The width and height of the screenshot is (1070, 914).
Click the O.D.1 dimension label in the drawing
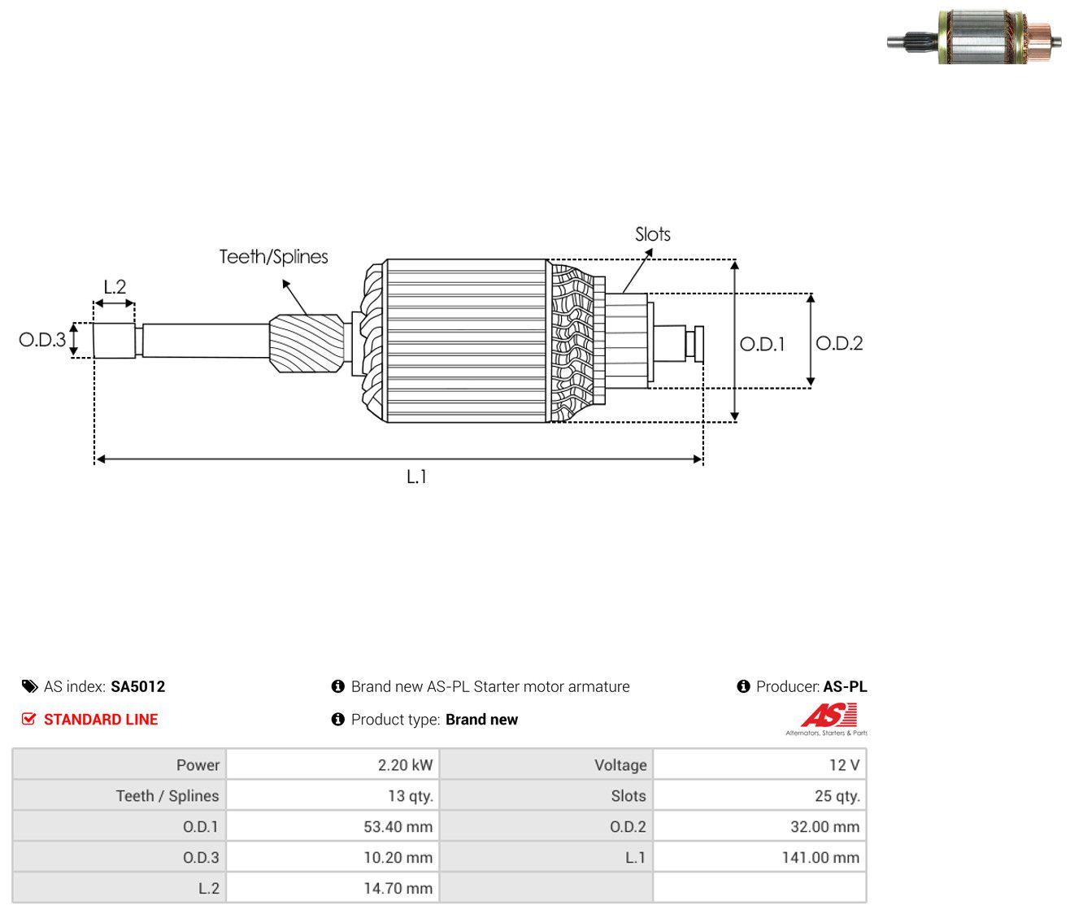coord(762,344)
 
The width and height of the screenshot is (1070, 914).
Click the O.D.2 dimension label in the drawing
coord(838,343)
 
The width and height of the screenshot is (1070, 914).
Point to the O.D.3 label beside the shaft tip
coord(42,340)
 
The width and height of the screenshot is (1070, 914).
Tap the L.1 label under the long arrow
coord(416,477)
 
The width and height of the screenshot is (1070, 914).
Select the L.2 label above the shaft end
coord(115,286)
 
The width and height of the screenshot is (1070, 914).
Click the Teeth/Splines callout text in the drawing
coord(273,257)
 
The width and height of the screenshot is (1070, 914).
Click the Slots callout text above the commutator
coord(652,234)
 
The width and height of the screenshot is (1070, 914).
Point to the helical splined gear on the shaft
coord(307,343)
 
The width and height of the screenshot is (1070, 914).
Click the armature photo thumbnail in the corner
coord(974,37)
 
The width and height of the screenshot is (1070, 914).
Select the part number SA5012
coord(137,686)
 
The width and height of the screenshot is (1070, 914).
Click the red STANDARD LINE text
coord(101,720)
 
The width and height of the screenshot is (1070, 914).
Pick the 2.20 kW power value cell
coord(333,764)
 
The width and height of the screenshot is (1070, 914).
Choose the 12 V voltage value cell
coord(759,764)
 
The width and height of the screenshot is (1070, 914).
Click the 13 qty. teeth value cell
coord(333,795)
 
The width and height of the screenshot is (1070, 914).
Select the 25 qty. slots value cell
coord(759,795)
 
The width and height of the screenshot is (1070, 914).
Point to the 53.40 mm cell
coord(333,826)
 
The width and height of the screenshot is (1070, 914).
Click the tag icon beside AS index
coord(29,686)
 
